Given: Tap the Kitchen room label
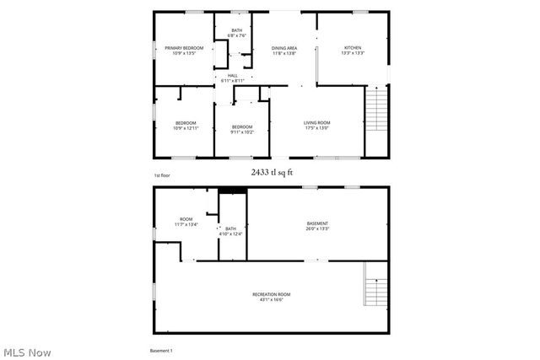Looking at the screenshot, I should (352, 48).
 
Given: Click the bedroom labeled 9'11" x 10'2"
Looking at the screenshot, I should (242, 129).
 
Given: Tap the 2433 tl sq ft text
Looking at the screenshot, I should (271, 171).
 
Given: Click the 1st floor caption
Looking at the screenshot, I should (162, 175).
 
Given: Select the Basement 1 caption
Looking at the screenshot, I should (160, 350).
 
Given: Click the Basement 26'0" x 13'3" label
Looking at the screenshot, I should (317, 226).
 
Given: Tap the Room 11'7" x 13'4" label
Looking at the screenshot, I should (186, 222).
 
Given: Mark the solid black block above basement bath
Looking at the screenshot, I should (232, 191).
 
